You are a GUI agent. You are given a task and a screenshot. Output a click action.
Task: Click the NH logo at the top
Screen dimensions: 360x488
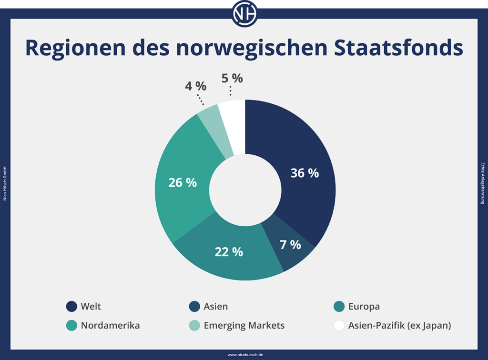pyautogui.click(x=244, y=13)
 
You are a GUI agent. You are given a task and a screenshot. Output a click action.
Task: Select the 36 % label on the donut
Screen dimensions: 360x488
pyautogui.click(x=305, y=173)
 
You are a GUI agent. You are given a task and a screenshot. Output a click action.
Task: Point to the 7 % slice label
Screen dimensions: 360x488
pyautogui.click(x=290, y=245)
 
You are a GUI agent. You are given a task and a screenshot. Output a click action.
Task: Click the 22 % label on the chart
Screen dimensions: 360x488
pyautogui.click(x=229, y=252)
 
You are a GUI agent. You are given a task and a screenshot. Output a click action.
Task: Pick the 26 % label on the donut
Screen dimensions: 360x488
pyautogui.click(x=183, y=182)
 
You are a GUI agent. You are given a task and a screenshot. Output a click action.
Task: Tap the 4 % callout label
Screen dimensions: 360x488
pyautogui.click(x=195, y=86)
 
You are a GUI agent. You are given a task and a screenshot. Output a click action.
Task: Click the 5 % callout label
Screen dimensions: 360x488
pyautogui.click(x=232, y=78)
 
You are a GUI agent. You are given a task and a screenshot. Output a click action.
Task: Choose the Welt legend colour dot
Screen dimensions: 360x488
pyautogui.click(x=72, y=307)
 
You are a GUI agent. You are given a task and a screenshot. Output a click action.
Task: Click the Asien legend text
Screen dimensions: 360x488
pyautogui.click(x=215, y=307)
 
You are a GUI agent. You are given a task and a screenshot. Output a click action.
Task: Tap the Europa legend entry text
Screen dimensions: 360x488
pyautogui.click(x=364, y=307)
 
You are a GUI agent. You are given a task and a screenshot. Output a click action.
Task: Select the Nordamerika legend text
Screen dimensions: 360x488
pyautogui.click(x=110, y=326)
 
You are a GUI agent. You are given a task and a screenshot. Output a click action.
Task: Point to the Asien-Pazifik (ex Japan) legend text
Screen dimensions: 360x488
pyautogui.click(x=399, y=326)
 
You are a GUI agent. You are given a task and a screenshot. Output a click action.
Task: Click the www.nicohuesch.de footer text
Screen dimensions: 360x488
pyautogui.click(x=244, y=355)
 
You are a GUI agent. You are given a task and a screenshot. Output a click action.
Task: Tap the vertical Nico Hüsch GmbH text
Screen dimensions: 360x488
pyautogui.click(x=5, y=183)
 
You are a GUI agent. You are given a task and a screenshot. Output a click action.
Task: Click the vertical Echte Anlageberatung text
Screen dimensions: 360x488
pyautogui.click(x=483, y=183)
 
